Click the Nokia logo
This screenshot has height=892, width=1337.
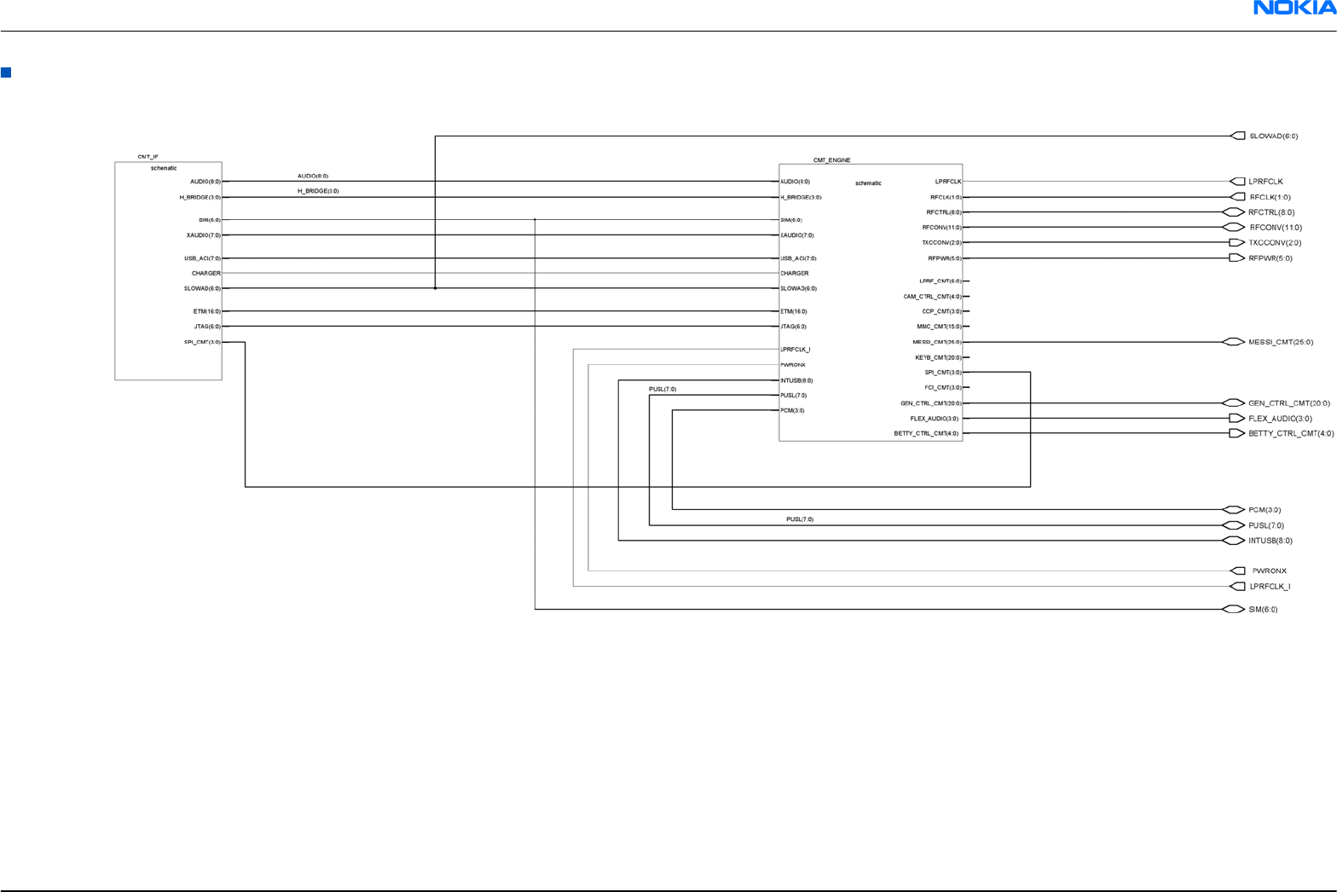tap(1294, 8)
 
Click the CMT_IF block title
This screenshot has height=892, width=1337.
tap(148, 157)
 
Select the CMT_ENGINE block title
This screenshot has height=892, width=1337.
tap(831, 160)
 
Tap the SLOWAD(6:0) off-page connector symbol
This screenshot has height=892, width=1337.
tap(1238, 136)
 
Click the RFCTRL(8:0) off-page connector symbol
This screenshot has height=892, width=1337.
tap(1234, 212)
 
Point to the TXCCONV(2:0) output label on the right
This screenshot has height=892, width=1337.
tap(1275, 243)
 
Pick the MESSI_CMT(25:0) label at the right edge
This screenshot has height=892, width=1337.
tap(1281, 342)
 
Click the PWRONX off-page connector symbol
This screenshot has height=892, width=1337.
tap(1238, 571)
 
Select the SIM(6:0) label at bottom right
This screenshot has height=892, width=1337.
tap(1263, 610)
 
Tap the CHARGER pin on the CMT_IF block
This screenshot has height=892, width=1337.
tap(205, 274)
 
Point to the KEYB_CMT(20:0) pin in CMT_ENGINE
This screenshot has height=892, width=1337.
tap(937, 358)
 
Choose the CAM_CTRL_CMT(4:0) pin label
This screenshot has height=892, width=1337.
tap(932, 297)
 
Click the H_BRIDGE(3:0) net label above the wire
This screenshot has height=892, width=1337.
tap(318, 191)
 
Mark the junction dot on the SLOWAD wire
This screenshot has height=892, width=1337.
tap(435, 288)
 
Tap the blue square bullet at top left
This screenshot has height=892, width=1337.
tap(6, 72)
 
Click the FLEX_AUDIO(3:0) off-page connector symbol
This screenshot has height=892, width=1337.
tap(1236, 419)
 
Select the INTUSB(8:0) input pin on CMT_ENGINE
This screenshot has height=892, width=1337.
tap(796, 380)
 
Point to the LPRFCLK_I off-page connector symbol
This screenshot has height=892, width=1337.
tap(1237, 587)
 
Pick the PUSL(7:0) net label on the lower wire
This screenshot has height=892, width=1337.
tap(799, 519)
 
